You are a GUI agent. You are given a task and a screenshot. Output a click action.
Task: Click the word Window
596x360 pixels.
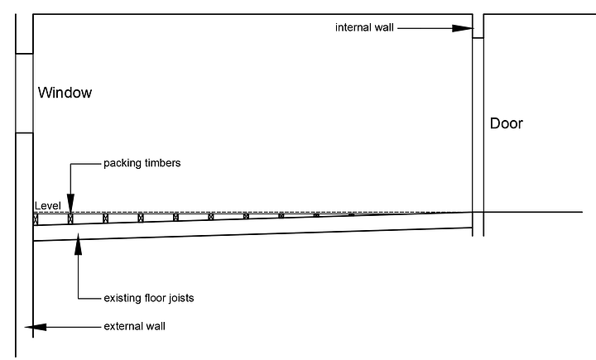click(x=65, y=93)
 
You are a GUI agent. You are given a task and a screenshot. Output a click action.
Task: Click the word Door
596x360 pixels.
click(x=507, y=124)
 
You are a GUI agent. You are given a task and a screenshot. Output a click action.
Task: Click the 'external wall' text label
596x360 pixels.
click(x=135, y=326)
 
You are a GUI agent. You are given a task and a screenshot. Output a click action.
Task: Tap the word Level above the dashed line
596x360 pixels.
click(x=48, y=205)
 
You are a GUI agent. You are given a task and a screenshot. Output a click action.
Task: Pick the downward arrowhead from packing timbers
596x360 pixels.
click(x=70, y=204)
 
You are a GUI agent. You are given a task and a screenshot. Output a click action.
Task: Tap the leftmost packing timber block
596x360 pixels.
click(x=36, y=220)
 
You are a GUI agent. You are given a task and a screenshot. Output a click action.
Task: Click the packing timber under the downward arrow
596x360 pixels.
click(x=70, y=219)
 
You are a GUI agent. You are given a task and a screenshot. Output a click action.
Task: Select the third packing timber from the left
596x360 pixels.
click(x=106, y=218)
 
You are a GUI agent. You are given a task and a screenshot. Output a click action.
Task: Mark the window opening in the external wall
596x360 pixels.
click(x=24, y=93)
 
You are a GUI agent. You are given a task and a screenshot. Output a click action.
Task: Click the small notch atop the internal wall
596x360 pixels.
click(x=478, y=34)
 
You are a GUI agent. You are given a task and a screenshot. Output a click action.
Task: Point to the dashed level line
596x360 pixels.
click(x=248, y=212)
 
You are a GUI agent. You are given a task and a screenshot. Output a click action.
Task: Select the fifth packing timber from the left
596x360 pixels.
click(x=176, y=217)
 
